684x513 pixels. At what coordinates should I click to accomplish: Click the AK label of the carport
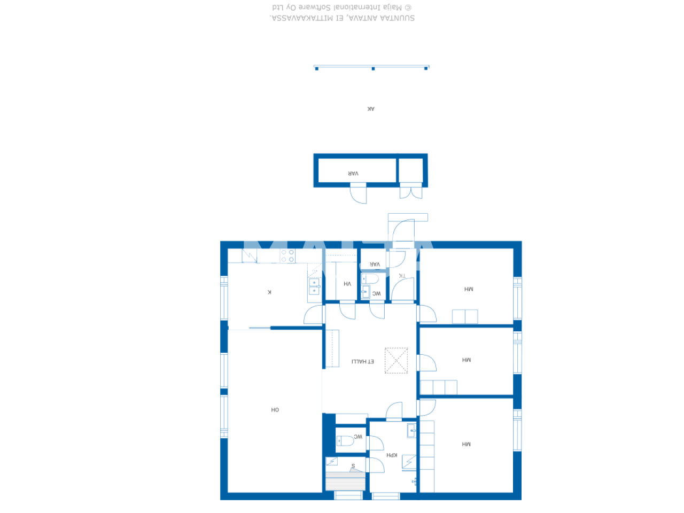coord(371,109)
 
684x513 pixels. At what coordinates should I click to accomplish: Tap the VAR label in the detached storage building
coord(353,174)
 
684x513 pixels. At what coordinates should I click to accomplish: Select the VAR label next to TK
coord(375,264)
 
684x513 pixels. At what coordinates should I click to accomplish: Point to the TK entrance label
coord(402,276)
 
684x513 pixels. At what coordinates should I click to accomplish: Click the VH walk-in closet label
coord(347,284)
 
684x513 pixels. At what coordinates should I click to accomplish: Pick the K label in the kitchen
coord(269,292)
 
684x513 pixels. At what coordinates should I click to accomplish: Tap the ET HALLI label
coord(363,362)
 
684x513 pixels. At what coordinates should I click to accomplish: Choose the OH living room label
coord(275,410)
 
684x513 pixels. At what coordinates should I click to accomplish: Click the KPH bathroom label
coord(392,455)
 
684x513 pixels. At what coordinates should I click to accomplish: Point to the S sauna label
coord(353,466)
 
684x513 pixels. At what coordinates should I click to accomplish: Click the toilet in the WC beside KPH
coord(345,441)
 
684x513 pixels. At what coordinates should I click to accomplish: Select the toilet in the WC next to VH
coord(370,279)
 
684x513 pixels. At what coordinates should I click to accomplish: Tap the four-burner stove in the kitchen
coord(287,255)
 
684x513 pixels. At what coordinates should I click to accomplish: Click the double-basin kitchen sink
coord(314,286)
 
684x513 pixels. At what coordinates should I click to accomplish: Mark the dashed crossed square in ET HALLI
coord(396,361)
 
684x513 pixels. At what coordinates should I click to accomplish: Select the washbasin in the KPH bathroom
coord(412,430)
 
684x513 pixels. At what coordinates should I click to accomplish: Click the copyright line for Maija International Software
coord(342,7)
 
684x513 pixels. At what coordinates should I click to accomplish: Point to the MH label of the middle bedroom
coord(467,360)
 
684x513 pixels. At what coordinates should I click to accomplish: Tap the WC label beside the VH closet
coord(377,293)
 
